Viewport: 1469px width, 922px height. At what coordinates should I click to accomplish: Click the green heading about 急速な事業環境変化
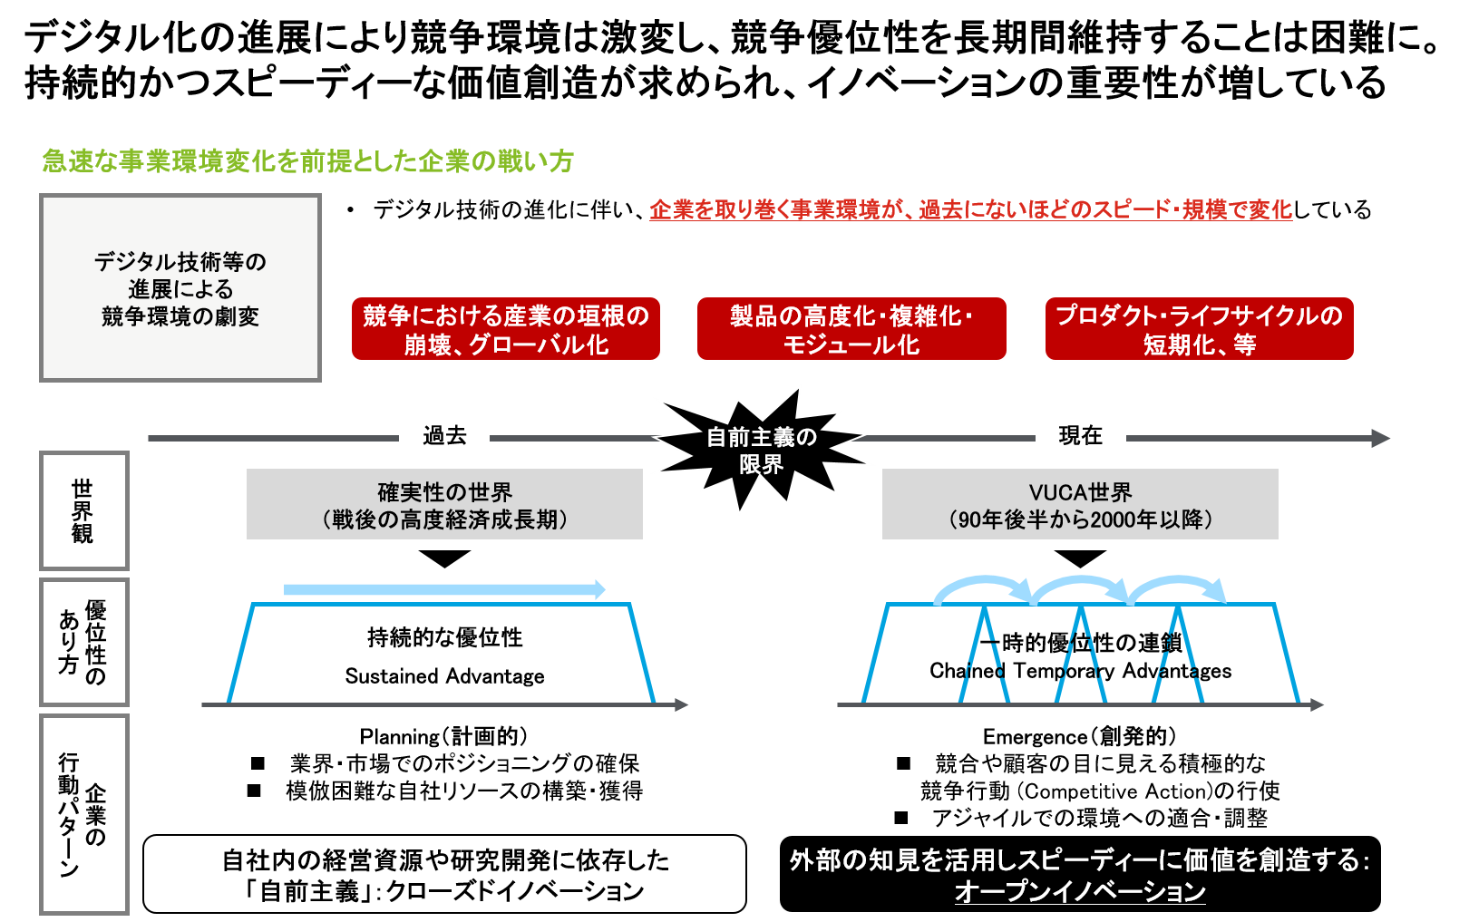tap(308, 161)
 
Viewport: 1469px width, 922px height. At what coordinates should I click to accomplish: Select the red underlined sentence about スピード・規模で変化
tap(970, 210)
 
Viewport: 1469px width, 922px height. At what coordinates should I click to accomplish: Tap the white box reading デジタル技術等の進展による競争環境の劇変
tap(180, 288)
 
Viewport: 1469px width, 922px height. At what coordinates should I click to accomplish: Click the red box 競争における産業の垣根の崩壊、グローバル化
tap(506, 329)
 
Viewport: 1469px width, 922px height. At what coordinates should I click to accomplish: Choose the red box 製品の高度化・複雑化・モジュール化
tap(851, 329)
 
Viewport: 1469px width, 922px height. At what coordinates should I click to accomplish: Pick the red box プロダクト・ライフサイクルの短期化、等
tap(1199, 329)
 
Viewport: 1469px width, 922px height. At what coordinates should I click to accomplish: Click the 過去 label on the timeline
tap(444, 434)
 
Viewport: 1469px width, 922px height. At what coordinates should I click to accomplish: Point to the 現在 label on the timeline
tap(1081, 434)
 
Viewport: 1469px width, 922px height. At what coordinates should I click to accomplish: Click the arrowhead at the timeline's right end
tap(1381, 439)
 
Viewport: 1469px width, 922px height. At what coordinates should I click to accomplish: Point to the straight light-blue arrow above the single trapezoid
tap(444, 590)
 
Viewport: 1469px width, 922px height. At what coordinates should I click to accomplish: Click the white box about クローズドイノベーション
tap(444, 874)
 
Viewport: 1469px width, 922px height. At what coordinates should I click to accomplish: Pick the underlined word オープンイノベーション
tap(1080, 891)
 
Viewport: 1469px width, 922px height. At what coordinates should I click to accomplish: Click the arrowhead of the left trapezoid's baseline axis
tap(682, 704)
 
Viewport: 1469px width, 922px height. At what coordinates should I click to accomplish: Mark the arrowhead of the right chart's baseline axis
tap(1318, 704)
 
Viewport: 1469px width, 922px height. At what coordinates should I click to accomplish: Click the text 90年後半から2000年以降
tap(1080, 519)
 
